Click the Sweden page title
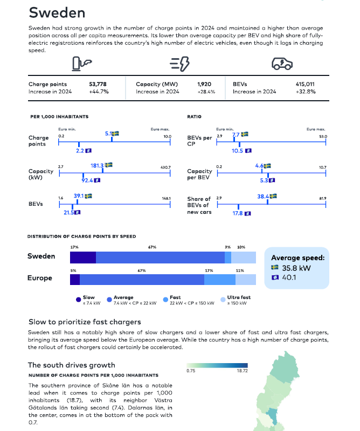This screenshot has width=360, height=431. tap(57, 12)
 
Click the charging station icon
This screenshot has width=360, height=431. tap(82, 64)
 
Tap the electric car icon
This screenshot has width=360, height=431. tap(282, 64)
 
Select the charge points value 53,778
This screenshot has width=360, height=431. tap(98, 84)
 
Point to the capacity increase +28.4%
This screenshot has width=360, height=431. tap(206, 92)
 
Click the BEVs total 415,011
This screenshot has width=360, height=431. tap(305, 84)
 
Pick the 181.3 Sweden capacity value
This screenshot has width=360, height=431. tap(97, 165)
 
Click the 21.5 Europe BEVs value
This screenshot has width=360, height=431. tap(69, 212)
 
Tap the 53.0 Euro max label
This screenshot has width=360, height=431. tap(323, 136)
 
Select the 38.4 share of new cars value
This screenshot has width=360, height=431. tap(263, 197)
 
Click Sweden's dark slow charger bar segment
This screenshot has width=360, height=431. tap(83, 258)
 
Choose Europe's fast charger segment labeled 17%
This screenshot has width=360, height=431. tap(220, 280)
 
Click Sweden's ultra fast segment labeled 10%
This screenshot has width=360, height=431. tap(244, 258)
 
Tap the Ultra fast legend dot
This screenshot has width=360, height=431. tap(223, 300)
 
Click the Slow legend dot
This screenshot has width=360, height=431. tap(78, 300)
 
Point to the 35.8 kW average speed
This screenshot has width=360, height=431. tap(296, 268)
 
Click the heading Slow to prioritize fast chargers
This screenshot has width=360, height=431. tap(85, 322)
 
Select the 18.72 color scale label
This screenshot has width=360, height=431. tap(243, 371)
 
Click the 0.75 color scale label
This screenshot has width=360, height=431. tap(191, 371)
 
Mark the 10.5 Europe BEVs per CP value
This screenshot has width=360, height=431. tap(237, 151)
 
